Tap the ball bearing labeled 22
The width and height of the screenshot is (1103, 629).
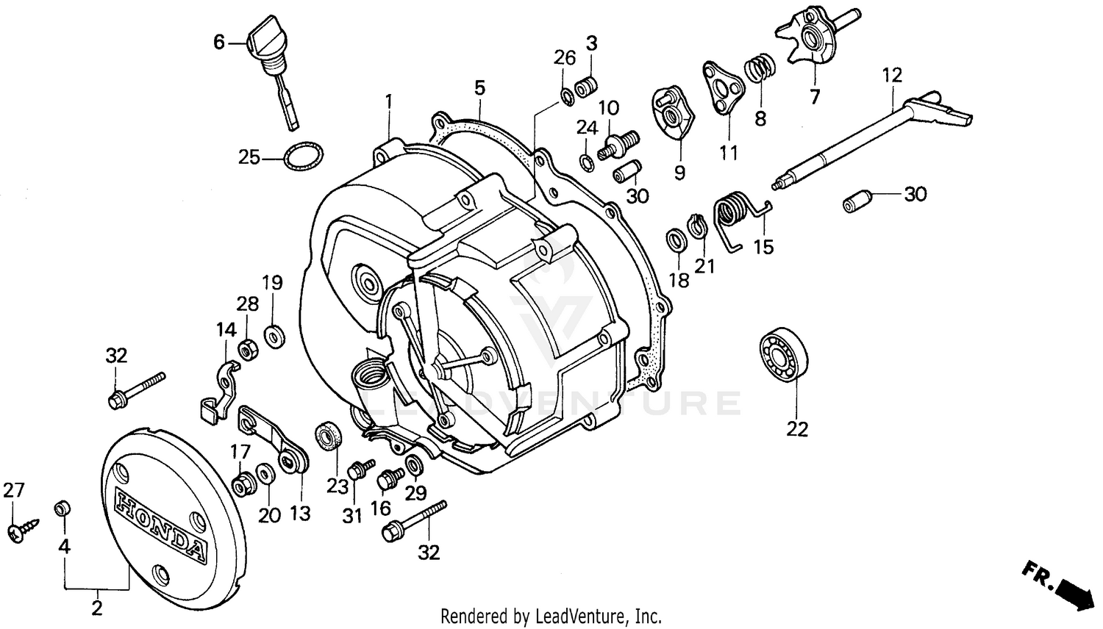(782, 355)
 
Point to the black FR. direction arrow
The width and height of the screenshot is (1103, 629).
(1074, 589)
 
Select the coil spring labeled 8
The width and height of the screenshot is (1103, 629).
(759, 71)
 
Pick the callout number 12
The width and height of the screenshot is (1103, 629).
(891, 76)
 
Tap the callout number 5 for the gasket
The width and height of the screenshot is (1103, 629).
(479, 89)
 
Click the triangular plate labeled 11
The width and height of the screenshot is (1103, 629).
(719, 87)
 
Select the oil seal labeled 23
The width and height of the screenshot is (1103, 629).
(328, 436)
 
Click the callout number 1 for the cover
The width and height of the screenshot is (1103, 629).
(389, 100)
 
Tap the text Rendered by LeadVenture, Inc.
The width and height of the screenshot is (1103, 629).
(551, 616)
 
